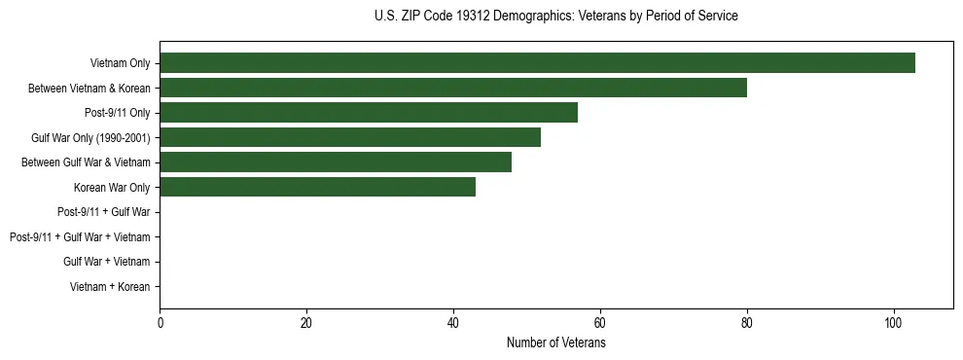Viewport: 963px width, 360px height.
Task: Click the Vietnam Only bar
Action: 537,63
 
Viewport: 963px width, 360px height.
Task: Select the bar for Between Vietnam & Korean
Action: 453,89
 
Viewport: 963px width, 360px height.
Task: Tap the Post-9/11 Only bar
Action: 369,113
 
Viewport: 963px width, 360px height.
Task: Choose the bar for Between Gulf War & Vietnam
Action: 336,162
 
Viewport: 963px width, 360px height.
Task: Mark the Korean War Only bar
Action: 317,188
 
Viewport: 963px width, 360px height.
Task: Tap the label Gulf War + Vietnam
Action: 106,262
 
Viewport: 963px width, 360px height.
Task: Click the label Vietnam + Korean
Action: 110,287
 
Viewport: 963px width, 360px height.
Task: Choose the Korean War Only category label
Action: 112,188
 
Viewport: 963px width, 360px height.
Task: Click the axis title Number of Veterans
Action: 555,343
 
